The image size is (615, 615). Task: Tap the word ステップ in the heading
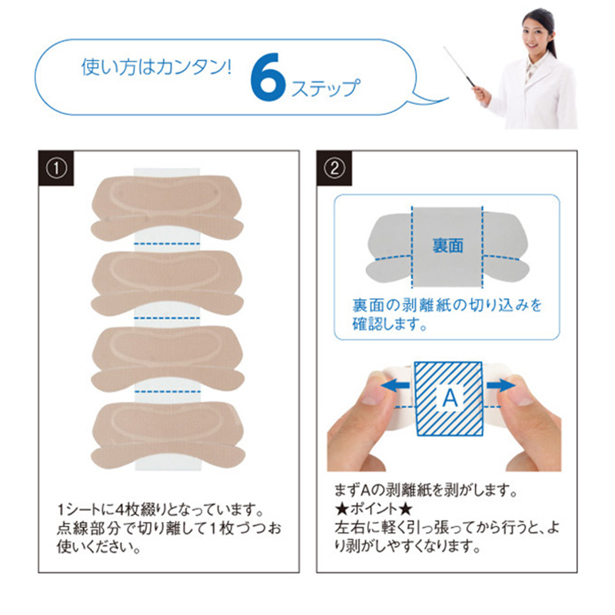pyautogui.click(x=324, y=87)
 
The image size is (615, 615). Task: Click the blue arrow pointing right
pyautogui.click(x=500, y=384)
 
